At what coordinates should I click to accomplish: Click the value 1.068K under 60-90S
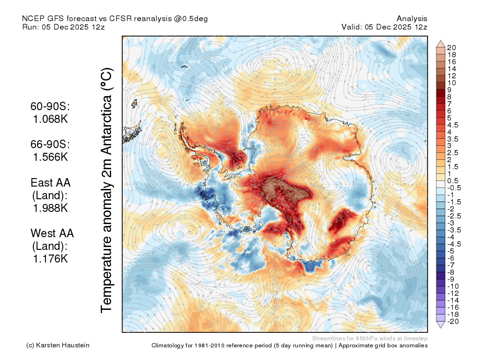tap(50, 119)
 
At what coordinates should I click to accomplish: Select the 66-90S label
tap(50, 144)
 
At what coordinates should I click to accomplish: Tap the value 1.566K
tap(50, 157)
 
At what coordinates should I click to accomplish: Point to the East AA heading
tap(51, 183)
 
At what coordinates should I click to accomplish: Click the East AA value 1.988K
tap(50, 208)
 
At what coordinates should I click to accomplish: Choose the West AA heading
tap(52, 233)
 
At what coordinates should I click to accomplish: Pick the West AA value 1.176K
tap(50, 259)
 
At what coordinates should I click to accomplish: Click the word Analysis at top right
tap(412, 19)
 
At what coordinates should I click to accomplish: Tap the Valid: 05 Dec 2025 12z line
tap(384, 27)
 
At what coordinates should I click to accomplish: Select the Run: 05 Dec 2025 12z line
tap(63, 27)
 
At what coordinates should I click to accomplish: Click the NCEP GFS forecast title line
tap(115, 19)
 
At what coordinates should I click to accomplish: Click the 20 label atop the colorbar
tap(451, 48)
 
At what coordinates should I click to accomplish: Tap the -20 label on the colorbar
tap(453, 322)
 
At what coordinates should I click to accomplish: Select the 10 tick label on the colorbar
tap(451, 83)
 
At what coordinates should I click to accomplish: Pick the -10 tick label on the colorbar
tap(453, 286)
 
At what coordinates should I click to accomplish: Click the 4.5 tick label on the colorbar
tap(453, 125)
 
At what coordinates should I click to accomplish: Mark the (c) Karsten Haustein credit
tap(58, 345)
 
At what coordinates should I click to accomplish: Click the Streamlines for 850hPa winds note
tap(370, 338)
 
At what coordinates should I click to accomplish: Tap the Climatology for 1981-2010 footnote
tap(290, 345)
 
